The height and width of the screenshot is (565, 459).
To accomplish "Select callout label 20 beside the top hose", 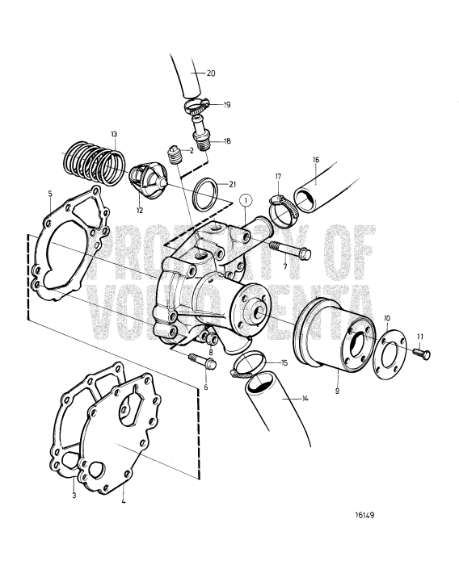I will point(211,73).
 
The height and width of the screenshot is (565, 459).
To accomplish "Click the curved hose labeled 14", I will point(279,412).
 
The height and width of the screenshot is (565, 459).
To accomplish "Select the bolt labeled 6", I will point(203,363).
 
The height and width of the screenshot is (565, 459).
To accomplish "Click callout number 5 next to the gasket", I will point(49,194).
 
